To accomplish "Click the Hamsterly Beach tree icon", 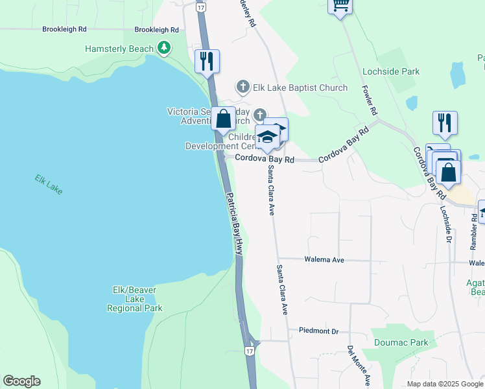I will coord(165,48).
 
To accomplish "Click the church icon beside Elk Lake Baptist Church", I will coord(242,87).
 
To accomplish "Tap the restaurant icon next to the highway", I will coord(207,62).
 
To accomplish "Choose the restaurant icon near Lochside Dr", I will coord(445,123).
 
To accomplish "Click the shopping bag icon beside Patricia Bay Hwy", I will coord(224,119).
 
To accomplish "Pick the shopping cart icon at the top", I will coord(339,6).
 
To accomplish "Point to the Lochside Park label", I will coord(391,71).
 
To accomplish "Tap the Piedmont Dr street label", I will coord(318,331).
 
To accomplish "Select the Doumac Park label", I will coord(401,342).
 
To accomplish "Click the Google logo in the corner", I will coord(21,381).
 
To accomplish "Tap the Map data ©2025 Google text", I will coord(444,384).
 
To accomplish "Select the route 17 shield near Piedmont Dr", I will coord(250,350).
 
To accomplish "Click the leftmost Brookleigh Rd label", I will coord(64,29).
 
